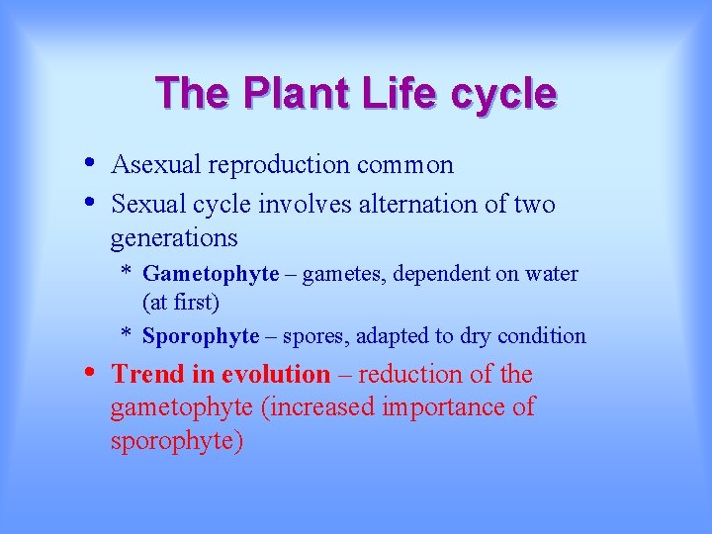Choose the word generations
pos(174,238)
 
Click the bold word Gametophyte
pos(211,274)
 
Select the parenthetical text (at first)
pos(181,301)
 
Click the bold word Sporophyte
pos(201,336)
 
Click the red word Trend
pos(147,375)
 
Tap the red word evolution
pos(276,375)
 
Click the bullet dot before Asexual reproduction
pos(90,162)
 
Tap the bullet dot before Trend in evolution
pos(90,373)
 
